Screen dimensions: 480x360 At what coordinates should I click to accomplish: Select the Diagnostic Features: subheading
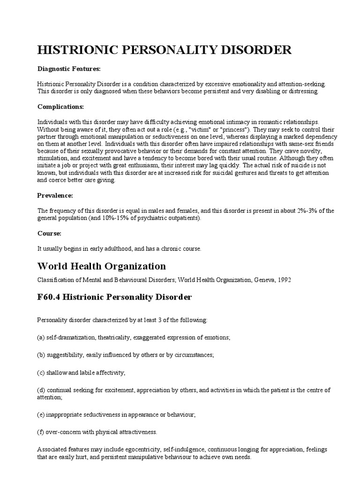tap(69, 69)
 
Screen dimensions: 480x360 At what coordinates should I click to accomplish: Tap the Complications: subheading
tap(60, 106)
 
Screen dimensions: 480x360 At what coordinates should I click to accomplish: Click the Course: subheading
tap(49, 233)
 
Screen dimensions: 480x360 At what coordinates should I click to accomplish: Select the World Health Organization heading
tap(101, 266)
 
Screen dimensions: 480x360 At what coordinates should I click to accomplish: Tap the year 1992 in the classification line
tap(284, 280)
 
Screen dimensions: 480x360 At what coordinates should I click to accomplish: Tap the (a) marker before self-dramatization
tap(41, 337)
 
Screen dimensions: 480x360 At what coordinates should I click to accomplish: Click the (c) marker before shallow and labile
tap(41, 372)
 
